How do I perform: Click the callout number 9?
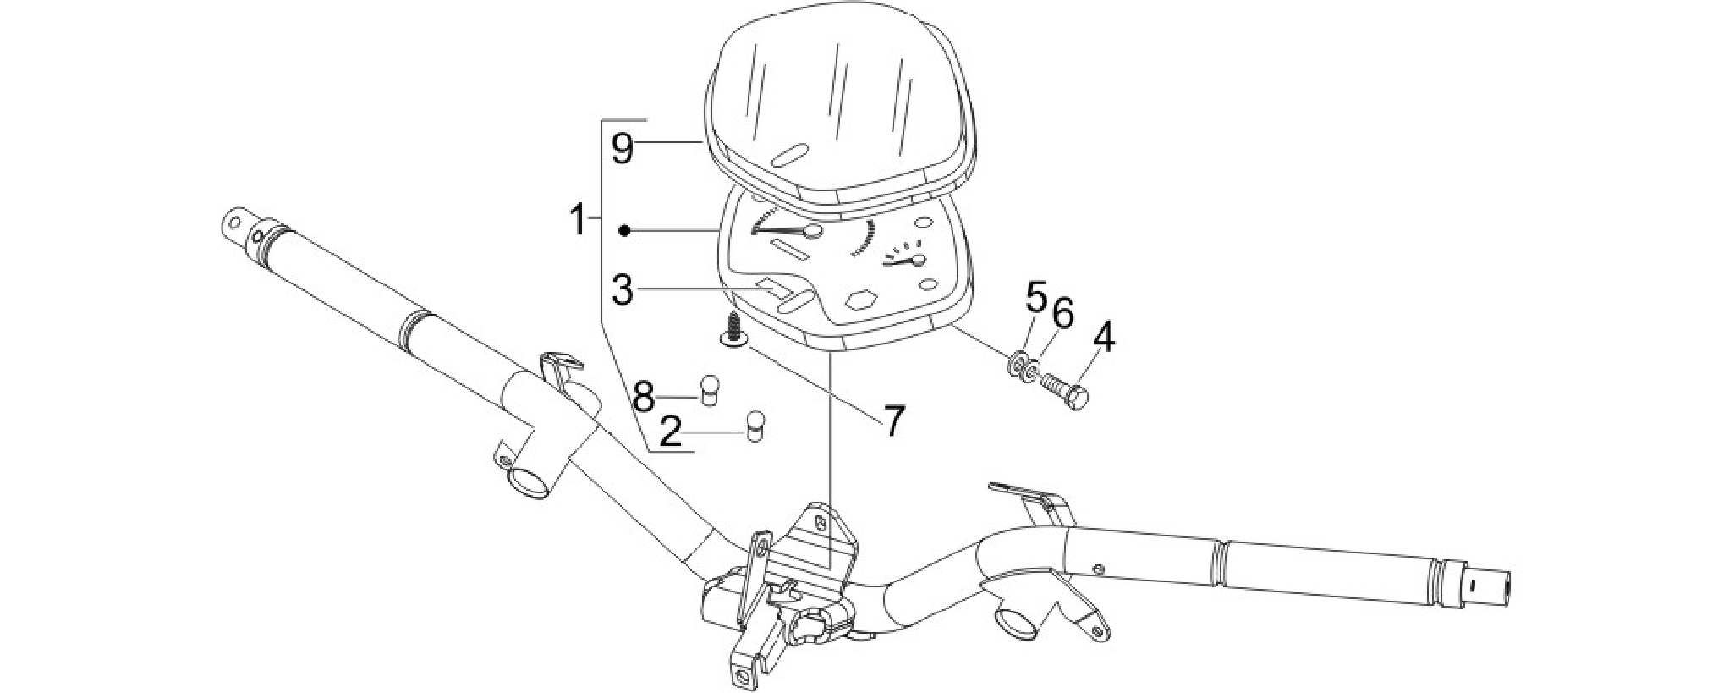click(x=622, y=149)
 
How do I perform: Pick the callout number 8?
click(x=645, y=395)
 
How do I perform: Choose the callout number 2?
click(x=670, y=434)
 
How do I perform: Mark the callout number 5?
click(x=1036, y=297)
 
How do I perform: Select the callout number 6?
click(x=1062, y=315)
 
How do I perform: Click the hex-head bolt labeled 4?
click(x=1065, y=393)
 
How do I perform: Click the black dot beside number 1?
click(x=624, y=230)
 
